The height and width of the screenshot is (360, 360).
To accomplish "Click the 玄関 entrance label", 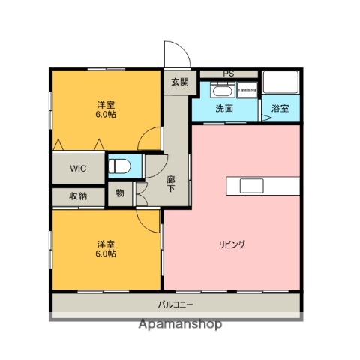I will [x=179, y=82].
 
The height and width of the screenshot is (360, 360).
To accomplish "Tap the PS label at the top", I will [x=228, y=73].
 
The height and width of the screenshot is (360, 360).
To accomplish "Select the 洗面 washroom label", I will [x=223, y=109].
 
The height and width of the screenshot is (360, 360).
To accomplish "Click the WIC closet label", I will [x=79, y=168].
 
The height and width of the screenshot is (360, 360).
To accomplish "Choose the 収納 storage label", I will [x=78, y=196].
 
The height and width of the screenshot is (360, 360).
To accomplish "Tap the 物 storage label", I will [x=119, y=193].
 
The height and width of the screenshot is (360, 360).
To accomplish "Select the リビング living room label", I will [x=233, y=244].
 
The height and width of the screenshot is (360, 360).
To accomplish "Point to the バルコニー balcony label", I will [x=175, y=304].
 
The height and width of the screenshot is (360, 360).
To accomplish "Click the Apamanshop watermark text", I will [x=180, y=325].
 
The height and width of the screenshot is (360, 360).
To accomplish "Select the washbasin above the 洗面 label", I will [x=223, y=91].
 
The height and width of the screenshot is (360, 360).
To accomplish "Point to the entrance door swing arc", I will [x=176, y=54].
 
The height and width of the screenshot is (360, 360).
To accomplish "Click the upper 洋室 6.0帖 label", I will [x=105, y=109].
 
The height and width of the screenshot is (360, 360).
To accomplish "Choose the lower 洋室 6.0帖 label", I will [x=105, y=248].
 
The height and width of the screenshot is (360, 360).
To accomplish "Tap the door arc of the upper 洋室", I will [x=151, y=139].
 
